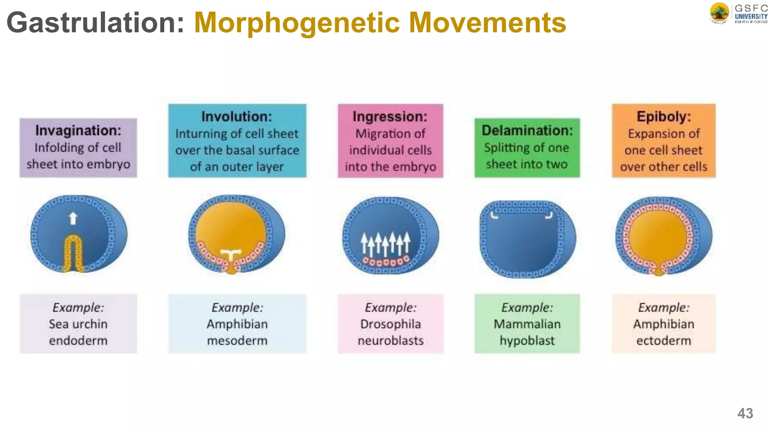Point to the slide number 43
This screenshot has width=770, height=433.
[x=745, y=413]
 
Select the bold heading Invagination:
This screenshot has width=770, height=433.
[x=78, y=130]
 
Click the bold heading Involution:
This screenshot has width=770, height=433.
[x=236, y=117]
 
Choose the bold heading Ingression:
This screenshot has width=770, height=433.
[x=390, y=117]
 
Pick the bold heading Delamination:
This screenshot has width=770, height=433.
[x=527, y=130]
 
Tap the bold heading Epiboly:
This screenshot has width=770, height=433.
[x=664, y=117]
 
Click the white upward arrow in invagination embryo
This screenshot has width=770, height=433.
[x=73, y=218]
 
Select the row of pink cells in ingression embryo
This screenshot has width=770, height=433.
[x=385, y=261]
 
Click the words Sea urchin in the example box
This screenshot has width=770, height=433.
[x=78, y=324]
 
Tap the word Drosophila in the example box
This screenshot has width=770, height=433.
[x=390, y=324]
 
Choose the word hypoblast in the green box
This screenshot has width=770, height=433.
[x=527, y=341]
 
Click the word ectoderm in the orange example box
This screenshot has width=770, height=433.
[x=664, y=341]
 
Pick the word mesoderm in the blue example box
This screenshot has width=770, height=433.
[x=237, y=341]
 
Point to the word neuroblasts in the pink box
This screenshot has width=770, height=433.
[x=390, y=341]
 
